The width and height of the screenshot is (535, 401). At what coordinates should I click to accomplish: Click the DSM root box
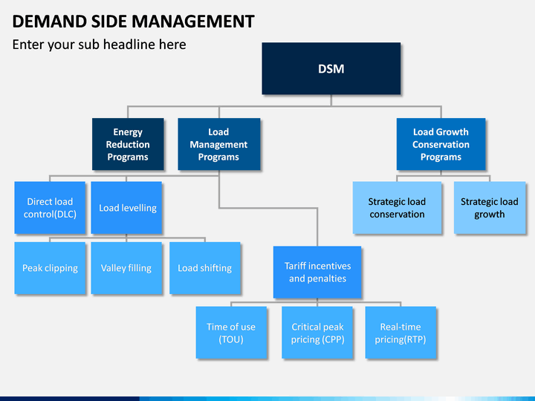point(331,68)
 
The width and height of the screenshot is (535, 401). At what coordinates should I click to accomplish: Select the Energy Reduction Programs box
point(128,144)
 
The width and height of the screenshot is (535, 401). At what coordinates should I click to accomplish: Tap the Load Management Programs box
point(218,144)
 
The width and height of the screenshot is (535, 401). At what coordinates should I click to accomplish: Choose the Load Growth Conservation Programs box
point(441,144)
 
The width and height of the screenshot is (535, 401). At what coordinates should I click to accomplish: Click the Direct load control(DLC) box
point(50,208)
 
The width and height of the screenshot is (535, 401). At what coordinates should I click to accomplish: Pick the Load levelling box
point(126,208)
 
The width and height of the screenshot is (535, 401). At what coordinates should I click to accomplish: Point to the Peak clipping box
point(50,268)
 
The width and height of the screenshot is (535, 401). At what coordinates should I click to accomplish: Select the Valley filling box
point(126,268)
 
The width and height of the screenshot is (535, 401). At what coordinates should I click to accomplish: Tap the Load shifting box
point(205,268)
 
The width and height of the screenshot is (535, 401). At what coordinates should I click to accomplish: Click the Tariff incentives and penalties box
point(317,272)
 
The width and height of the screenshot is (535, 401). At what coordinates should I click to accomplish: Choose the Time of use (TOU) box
point(231,333)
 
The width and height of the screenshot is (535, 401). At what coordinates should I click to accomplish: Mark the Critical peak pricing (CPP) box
point(317,333)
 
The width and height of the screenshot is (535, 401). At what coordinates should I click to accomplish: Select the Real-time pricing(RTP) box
point(401,333)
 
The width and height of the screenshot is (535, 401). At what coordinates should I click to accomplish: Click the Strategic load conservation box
point(397,208)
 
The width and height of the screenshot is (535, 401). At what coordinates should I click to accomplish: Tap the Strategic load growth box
point(490,208)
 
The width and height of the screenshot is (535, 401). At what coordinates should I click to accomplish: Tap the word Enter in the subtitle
point(28,45)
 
